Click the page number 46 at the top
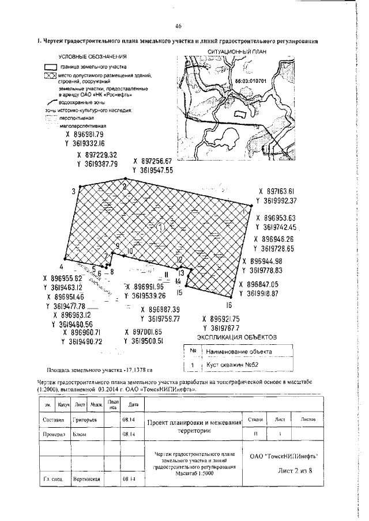click(x=179, y=26)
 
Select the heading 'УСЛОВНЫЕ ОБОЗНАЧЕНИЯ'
click(x=93, y=57)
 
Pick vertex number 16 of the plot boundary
click(x=229, y=305)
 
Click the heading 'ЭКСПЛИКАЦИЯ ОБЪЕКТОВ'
click(x=237, y=336)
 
